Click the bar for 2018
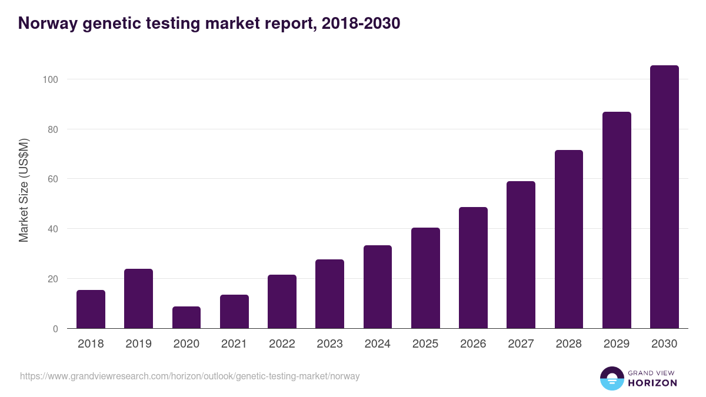coord(91,309)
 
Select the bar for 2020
coord(187,318)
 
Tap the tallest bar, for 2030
coord(664,197)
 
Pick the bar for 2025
coord(425,278)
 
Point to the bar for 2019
coord(138,299)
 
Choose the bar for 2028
coord(569,239)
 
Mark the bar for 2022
coord(282,302)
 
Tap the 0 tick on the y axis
coord(55,329)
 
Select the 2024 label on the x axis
coord(378,344)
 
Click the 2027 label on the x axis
coord(521,344)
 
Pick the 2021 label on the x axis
coord(234,344)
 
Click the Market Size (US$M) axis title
coord(24,190)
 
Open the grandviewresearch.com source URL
coord(189,376)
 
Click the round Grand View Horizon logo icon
coord(612,378)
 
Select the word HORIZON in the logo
coord(652,383)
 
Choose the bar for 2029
coord(617,220)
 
